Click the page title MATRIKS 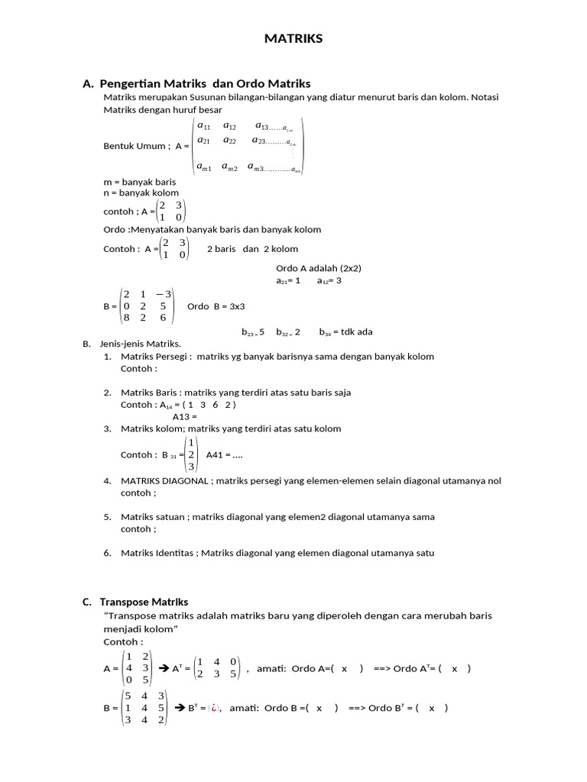coord(293,39)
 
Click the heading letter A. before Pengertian coord(88,83)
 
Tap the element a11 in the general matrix coord(204,126)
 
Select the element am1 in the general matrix coord(204,167)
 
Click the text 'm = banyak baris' coord(139,183)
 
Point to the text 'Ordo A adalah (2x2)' coord(318,268)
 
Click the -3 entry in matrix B coord(164,294)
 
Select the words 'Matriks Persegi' coord(149,357)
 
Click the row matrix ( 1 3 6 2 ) coord(206,405)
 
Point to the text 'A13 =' coord(185,417)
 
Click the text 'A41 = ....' coord(224,454)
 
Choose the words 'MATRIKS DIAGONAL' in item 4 coord(164,481)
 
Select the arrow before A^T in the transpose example coord(163,668)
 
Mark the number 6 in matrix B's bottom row coord(163,318)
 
